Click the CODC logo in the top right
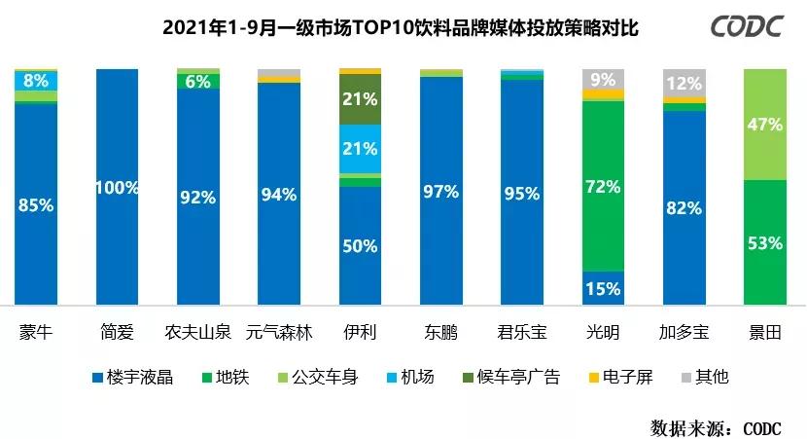click(x=747, y=27)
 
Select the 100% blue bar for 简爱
click(x=118, y=187)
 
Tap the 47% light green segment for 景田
click(x=763, y=124)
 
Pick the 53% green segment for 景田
click(x=763, y=242)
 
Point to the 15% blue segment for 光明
click(x=602, y=288)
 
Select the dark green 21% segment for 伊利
click(x=360, y=99)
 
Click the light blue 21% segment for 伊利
click(x=360, y=149)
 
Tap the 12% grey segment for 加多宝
click(x=684, y=83)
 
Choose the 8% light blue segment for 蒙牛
click(x=36, y=81)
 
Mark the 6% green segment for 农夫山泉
click(x=198, y=82)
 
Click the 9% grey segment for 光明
click(x=602, y=79)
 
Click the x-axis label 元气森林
click(x=279, y=333)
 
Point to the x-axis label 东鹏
click(x=440, y=333)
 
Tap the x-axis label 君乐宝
click(x=521, y=333)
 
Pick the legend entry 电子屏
click(x=621, y=377)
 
